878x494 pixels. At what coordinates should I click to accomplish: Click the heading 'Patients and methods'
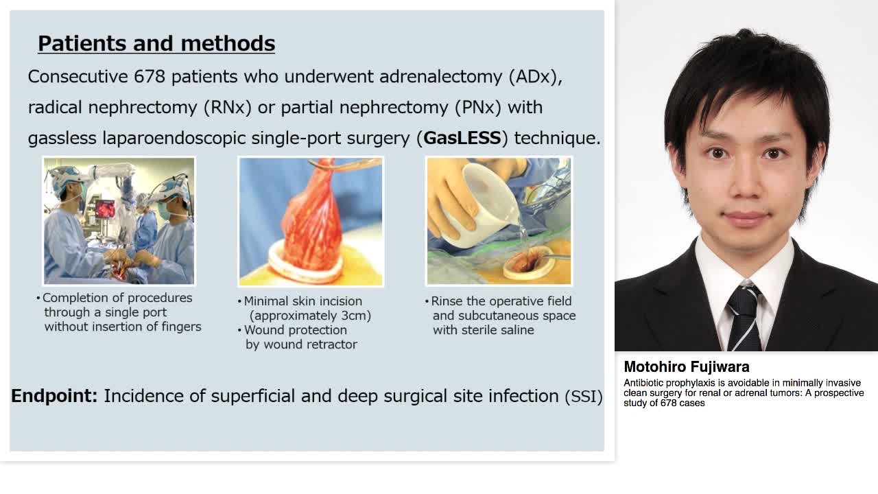pyautogui.click(x=156, y=43)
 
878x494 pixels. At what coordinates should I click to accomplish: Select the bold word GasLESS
pyautogui.click(x=462, y=138)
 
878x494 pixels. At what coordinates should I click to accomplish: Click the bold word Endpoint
pyautogui.click(x=54, y=396)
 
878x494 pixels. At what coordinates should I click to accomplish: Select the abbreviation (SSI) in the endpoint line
pyautogui.click(x=583, y=397)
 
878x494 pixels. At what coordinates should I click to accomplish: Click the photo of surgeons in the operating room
pyautogui.click(x=119, y=221)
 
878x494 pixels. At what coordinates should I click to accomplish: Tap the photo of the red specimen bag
pyautogui.click(x=311, y=221)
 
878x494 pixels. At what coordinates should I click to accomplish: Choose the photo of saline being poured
pyautogui.click(x=499, y=221)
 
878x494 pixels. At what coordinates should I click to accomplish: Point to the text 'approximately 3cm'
pyautogui.click(x=310, y=316)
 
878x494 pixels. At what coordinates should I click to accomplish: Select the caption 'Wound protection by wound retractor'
pyautogui.click(x=300, y=337)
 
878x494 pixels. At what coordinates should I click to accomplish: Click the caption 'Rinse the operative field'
pyautogui.click(x=501, y=301)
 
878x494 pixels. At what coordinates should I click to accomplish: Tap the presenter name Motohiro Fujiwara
pyautogui.click(x=686, y=367)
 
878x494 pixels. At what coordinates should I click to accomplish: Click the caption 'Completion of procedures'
pyautogui.click(x=117, y=298)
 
